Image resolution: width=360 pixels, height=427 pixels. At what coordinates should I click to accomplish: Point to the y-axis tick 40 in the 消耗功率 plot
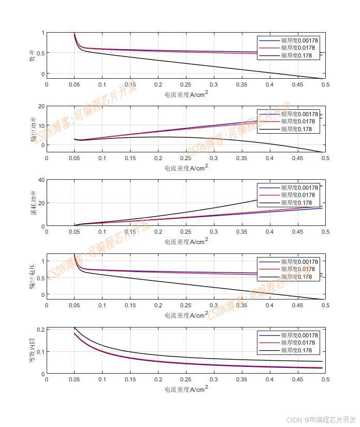tap(41, 180)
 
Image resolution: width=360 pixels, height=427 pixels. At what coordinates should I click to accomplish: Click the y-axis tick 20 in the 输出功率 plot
tap(41, 106)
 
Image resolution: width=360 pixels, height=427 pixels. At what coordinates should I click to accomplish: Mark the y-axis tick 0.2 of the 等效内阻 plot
tap(39, 330)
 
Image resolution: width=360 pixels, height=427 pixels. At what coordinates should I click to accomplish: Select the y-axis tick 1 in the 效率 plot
tap(42, 33)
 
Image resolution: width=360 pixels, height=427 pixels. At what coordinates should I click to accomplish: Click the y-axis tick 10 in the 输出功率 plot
tap(41, 125)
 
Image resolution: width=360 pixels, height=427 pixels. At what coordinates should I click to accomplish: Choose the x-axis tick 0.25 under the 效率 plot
tap(186, 85)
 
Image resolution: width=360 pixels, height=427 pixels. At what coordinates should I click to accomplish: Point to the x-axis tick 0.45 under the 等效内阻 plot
tap(297, 380)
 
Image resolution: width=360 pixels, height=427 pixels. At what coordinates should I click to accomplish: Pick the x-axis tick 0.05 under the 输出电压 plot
tap(75, 306)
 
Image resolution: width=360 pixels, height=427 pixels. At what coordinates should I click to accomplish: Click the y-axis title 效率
tap(32, 55)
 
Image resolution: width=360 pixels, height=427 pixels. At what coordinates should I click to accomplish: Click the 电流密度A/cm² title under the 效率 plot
tap(186, 94)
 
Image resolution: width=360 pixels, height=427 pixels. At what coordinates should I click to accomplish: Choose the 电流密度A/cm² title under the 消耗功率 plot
tap(186, 241)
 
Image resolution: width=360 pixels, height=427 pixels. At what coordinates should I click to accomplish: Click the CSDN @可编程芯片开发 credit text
tap(321, 420)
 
